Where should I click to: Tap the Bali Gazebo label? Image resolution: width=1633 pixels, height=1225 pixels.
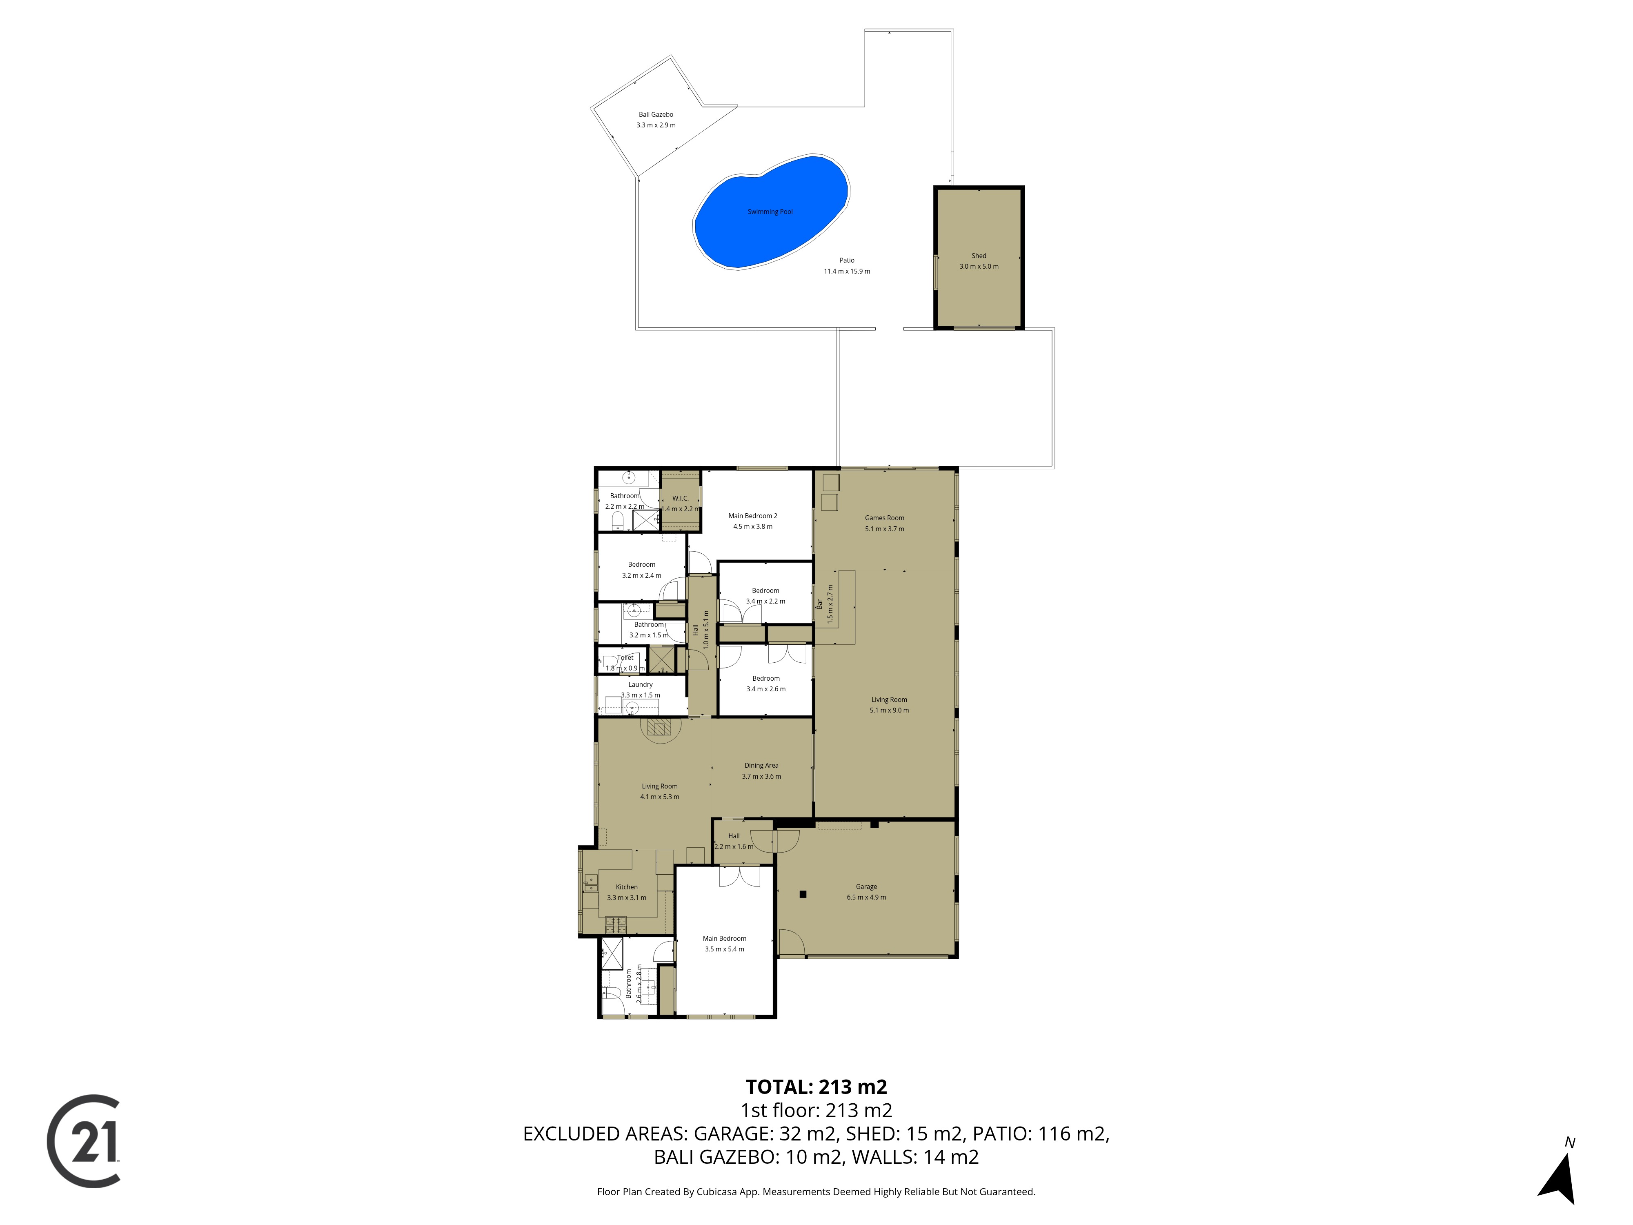(656, 114)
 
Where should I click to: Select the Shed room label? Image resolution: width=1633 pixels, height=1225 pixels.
(978, 256)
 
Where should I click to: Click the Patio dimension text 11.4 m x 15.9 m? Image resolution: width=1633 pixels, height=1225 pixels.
(847, 271)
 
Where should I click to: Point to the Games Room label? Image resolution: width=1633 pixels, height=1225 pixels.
(884, 518)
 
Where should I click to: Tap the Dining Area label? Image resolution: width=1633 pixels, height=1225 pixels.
(761, 765)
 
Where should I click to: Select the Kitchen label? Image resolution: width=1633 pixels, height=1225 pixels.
(627, 887)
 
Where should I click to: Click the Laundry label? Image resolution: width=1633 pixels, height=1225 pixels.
(640, 684)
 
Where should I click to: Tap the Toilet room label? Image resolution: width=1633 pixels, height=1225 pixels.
(625, 657)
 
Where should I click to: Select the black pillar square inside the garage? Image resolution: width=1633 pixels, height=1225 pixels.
(803, 894)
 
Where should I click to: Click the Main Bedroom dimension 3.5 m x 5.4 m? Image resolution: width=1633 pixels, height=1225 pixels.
(724, 949)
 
